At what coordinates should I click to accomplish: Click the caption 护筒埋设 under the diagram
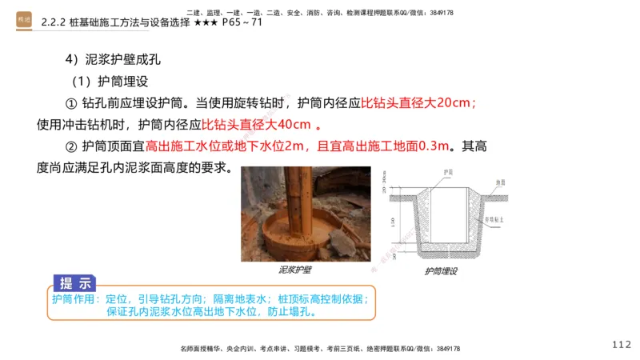(x=441, y=272)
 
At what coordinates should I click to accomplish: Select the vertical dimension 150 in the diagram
(x=393, y=227)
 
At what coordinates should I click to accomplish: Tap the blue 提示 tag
(x=75, y=283)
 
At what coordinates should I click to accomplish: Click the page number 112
(x=621, y=344)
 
